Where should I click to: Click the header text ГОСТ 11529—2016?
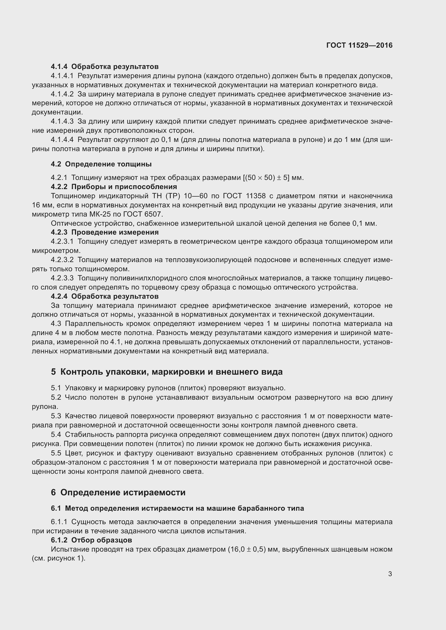pos(359,45)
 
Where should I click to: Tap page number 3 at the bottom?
pos(390,574)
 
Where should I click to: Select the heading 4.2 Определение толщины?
pos(101,164)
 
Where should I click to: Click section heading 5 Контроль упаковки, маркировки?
pos(167,372)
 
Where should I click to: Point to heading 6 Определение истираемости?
pos(118,492)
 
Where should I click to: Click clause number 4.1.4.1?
pos(62,76)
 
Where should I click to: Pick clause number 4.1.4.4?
pos(62,140)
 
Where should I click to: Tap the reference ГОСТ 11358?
pos(244,196)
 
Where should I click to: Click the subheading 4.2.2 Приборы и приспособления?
pos(114,187)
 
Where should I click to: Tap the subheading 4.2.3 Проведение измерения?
pos(105,232)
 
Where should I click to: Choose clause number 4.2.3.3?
pos(62,278)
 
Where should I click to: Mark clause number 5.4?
pos(56,434)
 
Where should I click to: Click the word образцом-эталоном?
pos(65,462)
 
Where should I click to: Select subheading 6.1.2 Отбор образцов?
pos(91,540)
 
